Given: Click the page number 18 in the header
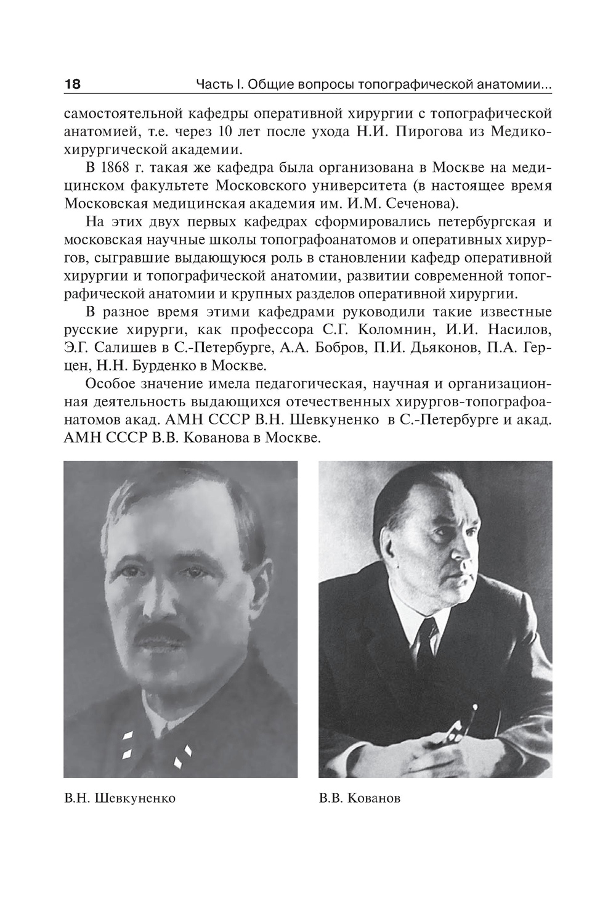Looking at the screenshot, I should [72, 84].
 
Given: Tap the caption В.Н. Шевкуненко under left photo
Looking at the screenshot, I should [120, 798].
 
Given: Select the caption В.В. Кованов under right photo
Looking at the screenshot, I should [360, 798].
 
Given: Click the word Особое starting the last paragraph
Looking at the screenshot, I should [107, 385].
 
